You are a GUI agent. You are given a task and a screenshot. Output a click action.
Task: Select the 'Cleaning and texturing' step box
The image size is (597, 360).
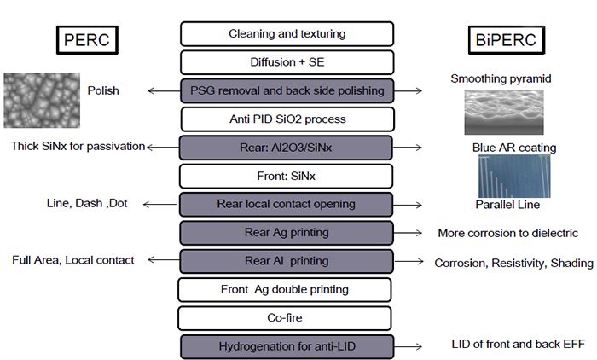[x=287, y=33]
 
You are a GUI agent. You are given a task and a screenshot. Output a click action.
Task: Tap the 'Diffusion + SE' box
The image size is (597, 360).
[x=287, y=61]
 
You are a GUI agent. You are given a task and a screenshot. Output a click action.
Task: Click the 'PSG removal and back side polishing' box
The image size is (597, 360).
[x=287, y=90]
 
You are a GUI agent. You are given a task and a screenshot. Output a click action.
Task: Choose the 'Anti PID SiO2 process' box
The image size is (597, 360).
[x=287, y=119]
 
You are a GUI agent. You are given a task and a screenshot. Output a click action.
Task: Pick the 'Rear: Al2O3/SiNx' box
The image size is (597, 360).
[x=287, y=148]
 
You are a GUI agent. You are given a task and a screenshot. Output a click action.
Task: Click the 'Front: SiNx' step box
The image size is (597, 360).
[x=287, y=176]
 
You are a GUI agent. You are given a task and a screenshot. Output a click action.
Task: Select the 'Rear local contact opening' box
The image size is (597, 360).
[x=287, y=204]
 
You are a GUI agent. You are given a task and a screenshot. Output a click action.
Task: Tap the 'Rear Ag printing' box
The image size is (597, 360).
[x=287, y=232]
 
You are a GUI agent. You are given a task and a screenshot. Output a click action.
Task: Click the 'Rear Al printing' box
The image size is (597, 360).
[x=287, y=261]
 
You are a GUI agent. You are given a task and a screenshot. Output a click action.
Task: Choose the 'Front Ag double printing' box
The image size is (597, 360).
[x=287, y=289]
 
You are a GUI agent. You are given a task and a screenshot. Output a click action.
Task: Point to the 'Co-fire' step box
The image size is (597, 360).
[x=287, y=317]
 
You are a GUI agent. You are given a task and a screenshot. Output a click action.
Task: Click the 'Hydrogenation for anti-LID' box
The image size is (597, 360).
[x=287, y=346]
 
